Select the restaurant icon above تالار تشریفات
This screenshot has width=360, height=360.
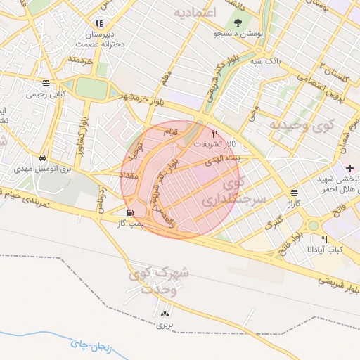[215, 133]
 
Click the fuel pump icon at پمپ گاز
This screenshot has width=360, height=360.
[129, 212]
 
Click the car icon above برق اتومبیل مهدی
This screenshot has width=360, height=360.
[44, 158]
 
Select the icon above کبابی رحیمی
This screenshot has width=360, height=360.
[46, 82]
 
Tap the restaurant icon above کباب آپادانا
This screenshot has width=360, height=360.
[324, 239]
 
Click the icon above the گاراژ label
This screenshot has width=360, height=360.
[293, 192]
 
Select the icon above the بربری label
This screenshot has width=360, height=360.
[165, 314]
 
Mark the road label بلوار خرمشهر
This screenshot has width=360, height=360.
[145, 96]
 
